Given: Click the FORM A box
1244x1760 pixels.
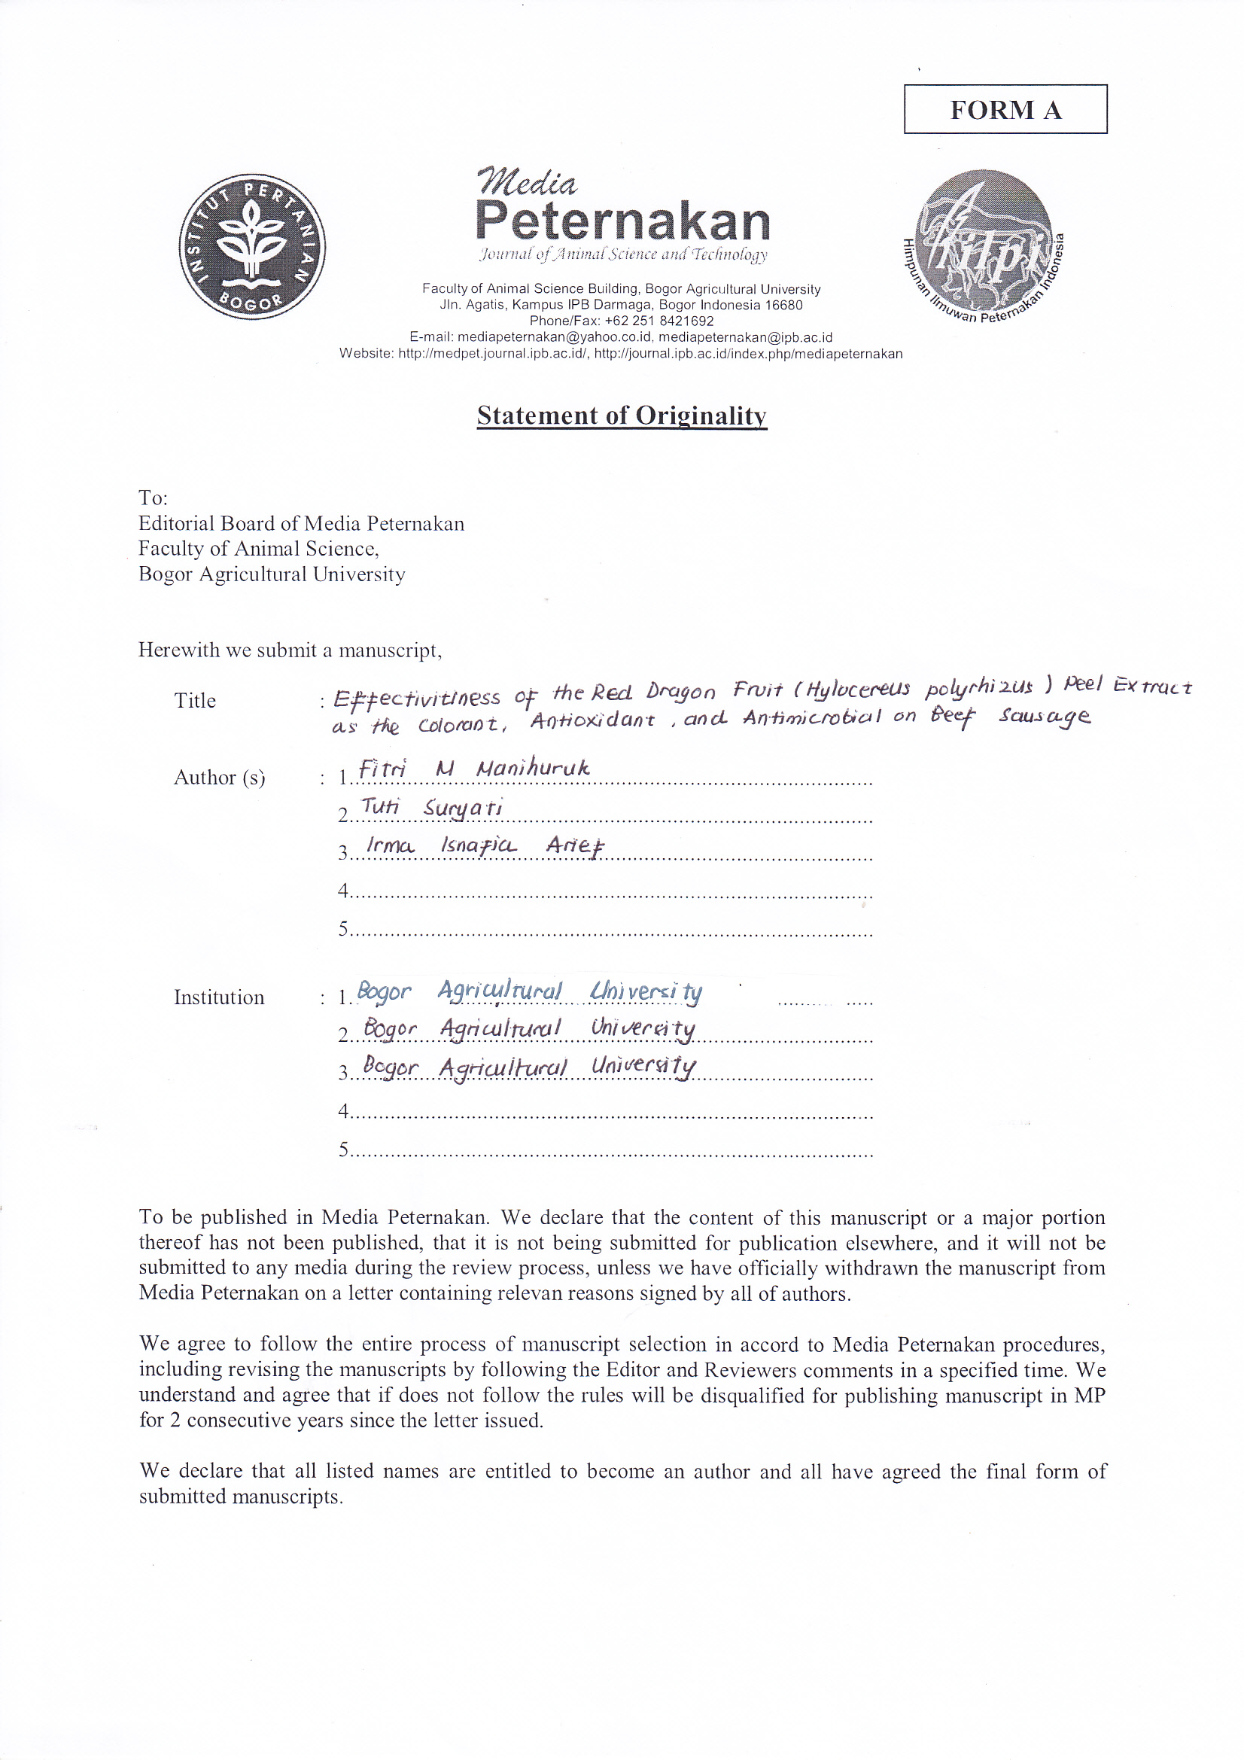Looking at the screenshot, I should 1005,110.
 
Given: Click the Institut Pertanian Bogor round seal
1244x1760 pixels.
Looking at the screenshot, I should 252,247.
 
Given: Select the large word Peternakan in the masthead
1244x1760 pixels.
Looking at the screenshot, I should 622,221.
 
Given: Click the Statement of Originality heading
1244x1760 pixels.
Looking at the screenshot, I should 622,416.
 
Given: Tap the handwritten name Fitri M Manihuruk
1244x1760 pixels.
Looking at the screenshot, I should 473,768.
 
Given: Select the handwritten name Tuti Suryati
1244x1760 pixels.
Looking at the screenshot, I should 431,807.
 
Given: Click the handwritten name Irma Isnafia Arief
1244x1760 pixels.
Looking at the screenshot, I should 485,845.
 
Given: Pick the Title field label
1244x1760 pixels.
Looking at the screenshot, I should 195,701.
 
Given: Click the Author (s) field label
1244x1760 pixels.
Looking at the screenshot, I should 219,778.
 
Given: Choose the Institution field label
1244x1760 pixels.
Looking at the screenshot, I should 219,997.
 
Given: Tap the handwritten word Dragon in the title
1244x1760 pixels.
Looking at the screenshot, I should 680,690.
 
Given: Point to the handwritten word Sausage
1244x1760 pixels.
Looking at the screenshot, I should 1043,717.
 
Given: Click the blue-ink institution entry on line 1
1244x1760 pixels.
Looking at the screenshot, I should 529,992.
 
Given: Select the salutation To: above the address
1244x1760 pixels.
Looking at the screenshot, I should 153,498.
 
